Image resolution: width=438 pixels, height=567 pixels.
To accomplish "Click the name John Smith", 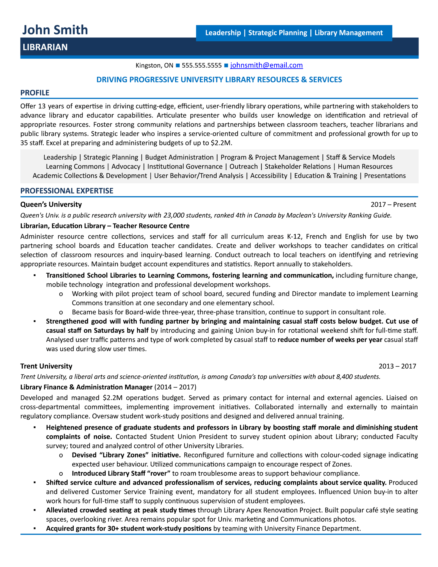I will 55,30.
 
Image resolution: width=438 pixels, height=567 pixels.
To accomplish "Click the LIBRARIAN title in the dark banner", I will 45,47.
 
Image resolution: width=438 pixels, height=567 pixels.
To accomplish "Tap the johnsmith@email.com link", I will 266,65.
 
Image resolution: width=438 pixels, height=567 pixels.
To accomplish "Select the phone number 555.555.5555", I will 202,65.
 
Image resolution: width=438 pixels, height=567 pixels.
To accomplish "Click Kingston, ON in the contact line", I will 154,65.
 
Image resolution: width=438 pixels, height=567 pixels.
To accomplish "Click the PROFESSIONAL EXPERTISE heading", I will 67,191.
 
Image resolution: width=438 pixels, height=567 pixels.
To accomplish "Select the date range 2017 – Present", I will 393,205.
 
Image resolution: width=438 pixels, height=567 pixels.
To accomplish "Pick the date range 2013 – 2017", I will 397,366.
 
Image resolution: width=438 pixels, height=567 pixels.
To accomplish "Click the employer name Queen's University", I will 51,205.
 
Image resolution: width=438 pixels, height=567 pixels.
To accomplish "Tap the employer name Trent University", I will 46,366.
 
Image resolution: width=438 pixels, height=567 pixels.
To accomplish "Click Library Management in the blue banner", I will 348,33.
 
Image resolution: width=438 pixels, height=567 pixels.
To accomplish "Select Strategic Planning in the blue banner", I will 277,33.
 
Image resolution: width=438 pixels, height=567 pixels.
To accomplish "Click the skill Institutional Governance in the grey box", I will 185,166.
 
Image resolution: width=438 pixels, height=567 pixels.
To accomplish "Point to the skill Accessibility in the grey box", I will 269,176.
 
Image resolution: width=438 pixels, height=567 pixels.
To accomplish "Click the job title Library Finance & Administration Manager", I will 86,387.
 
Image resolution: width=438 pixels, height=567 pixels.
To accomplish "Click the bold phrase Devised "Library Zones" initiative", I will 126,455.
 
